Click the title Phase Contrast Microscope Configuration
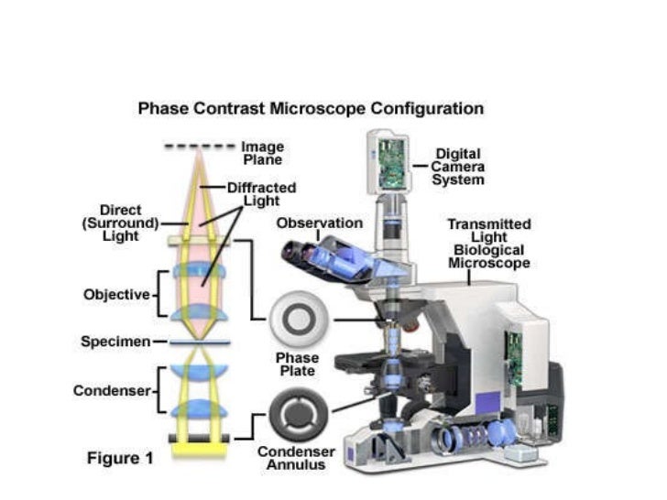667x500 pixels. click(311, 109)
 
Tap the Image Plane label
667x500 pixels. click(262, 153)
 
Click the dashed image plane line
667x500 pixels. click(199, 147)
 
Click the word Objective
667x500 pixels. click(116, 295)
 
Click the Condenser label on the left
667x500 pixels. click(111, 391)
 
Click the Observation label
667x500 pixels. click(319, 223)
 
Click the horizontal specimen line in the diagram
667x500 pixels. click(199, 342)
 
